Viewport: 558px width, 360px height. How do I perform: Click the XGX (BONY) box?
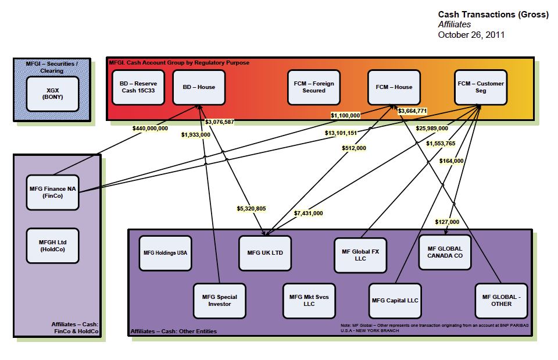pyautogui.click(x=53, y=93)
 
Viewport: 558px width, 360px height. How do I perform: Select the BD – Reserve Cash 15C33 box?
pyautogui.click(x=138, y=87)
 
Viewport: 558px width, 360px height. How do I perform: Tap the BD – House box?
pyautogui.click(x=199, y=87)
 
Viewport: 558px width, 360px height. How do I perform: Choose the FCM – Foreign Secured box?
pyautogui.click(x=314, y=87)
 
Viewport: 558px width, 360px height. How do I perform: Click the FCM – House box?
pyautogui.click(x=394, y=87)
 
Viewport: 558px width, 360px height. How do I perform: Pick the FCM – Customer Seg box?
pyautogui.click(x=481, y=87)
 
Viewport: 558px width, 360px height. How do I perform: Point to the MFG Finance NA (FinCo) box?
pyautogui.click(x=53, y=193)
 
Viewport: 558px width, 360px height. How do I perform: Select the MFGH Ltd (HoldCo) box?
pyautogui.click(x=53, y=245)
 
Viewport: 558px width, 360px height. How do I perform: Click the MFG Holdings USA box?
pyautogui.click(x=166, y=253)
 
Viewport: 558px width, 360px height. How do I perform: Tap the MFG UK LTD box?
pyautogui.click(x=265, y=253)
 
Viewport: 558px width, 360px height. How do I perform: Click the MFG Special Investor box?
pyautogui.click(x=220, y=301)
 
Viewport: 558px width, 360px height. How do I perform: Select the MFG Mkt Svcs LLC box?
pyautogui.click(x=309, y=301)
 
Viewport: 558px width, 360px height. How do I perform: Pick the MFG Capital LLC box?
pyautogui.click(x=395, y=301)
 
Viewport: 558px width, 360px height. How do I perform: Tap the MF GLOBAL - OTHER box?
pyautogui.click(x=501, y=301)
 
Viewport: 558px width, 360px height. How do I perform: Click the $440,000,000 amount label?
pyautogui.click(x=150, y=128)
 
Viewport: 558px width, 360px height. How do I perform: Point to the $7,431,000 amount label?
pyautogui.click(x=308, y=213)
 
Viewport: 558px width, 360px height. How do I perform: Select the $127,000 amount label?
pyautogui.click(x=447, y=222)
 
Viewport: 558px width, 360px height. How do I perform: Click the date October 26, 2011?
pyautogui.click(x=471, y=35)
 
